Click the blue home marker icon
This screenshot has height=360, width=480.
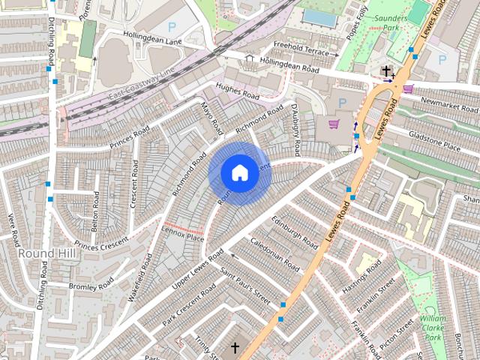pos(238,172)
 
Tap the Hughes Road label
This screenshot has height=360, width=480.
pos(237,93)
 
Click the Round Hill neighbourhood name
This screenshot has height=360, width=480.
pos(47,253)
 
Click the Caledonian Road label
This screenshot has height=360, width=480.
pos(274,256)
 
